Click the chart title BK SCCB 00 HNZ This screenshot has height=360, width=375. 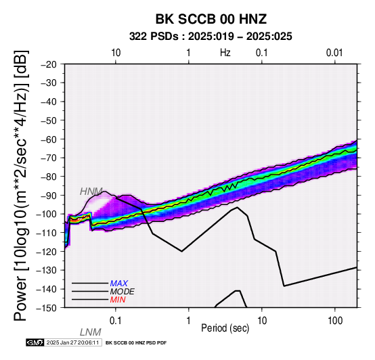tap(211, 19)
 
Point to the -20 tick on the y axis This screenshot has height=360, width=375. tap(49, 64)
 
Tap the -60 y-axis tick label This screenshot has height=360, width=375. tap(49, 139)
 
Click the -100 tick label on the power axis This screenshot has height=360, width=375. tap(47, 214)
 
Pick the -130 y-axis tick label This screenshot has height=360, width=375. tap(47, 270)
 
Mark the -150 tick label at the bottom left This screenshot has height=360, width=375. tap(47, 308)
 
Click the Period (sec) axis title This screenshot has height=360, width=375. tap(225, 328)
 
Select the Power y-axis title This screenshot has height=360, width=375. tap(21, 185)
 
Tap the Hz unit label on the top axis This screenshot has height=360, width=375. tap(225, 53)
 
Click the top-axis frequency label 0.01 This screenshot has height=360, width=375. tap(334, 53)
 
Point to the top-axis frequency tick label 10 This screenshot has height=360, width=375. tap(116, 53)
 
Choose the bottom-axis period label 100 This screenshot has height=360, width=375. tap(335, 321)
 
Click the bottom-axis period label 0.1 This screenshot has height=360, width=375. tap(116, 321)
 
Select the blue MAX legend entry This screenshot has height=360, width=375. tap(119, 284)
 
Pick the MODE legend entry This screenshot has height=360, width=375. tap(123, 292)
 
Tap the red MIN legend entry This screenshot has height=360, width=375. tap(118, 300)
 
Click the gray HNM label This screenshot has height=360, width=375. tap(91, 192)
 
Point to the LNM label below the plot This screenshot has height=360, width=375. tap(91, 332)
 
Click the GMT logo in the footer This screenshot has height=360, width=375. tap(35, 342)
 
